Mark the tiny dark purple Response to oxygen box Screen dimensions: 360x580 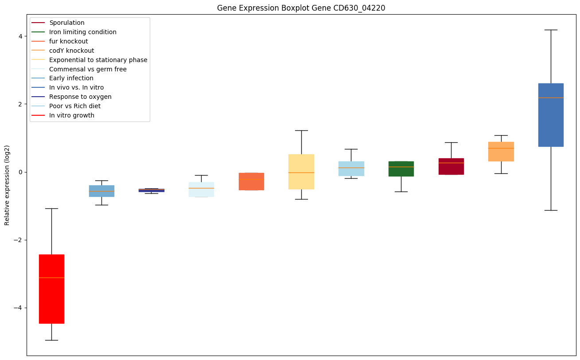point(152,190)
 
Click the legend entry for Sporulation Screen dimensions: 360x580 point(66,23)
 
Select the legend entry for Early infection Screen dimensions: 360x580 point(71,78)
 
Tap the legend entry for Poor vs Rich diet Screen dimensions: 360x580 point(74,106)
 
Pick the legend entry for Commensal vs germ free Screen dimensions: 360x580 point(88,69)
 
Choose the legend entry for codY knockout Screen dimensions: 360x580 point(71,51)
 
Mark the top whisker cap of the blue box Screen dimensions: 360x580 point(551,30)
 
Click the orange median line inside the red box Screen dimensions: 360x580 point(51,278)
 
